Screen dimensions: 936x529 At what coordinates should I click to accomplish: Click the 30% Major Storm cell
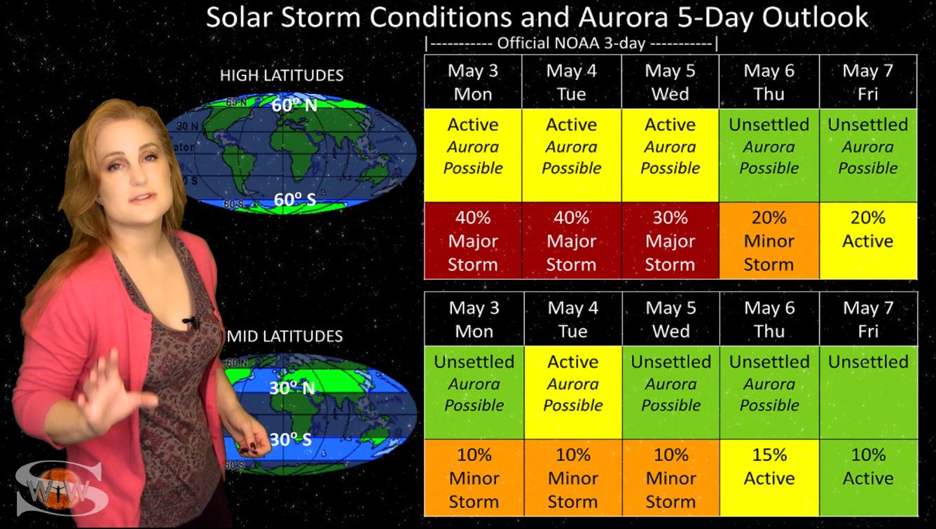(670, 240)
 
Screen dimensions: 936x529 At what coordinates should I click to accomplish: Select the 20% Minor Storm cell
(769, 240)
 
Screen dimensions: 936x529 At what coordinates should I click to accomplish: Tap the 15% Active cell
(769, 478)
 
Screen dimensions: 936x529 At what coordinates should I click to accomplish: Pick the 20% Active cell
(868, 240)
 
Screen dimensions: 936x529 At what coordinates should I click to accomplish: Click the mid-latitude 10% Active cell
(868, 478)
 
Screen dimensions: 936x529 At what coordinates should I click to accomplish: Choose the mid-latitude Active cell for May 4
(573, 392)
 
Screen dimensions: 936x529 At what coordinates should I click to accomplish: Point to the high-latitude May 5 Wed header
(670, 82)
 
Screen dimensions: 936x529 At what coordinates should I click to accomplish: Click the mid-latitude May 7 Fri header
(868, 320)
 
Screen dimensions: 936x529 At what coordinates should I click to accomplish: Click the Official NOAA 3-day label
(571, 43)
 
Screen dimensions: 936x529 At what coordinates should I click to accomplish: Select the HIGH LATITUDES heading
(282, 76)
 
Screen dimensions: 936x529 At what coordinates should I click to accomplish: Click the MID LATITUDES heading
(284, 336)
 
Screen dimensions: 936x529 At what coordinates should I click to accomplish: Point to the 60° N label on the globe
(294, 105)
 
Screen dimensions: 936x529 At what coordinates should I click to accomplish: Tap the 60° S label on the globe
(294, 199)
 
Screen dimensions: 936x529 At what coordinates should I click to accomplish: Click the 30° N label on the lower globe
(291, 388)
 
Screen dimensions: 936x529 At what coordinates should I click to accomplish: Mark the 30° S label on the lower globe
(291, 439)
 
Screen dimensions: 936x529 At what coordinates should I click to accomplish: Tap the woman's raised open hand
(112, 397)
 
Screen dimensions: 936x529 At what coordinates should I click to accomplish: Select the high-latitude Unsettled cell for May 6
(769, 156)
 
